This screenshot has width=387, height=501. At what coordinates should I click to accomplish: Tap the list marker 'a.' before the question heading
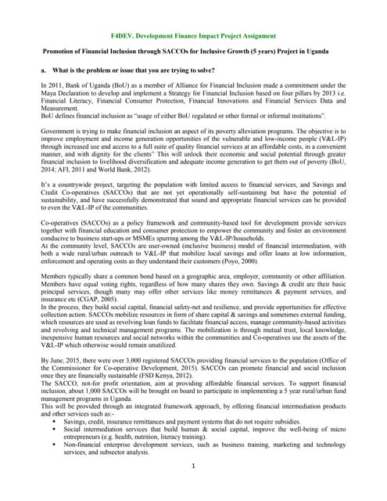[x=45, y=70]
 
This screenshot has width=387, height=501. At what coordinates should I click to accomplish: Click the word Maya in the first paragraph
[x=51, y=93]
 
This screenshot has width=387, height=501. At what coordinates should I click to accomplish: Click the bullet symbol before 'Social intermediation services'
[x=56, y=429]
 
